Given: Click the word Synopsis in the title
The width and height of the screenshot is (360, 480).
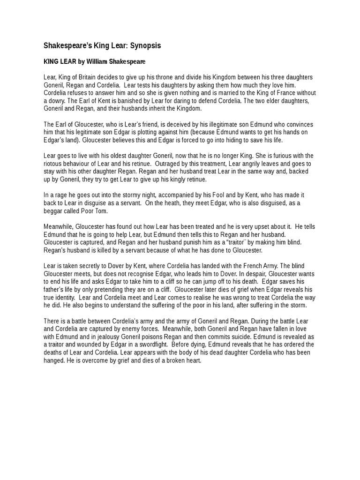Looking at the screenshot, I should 144,46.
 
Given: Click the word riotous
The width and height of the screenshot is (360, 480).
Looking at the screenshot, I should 53,164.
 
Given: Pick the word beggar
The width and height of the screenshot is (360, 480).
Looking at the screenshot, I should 54,211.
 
